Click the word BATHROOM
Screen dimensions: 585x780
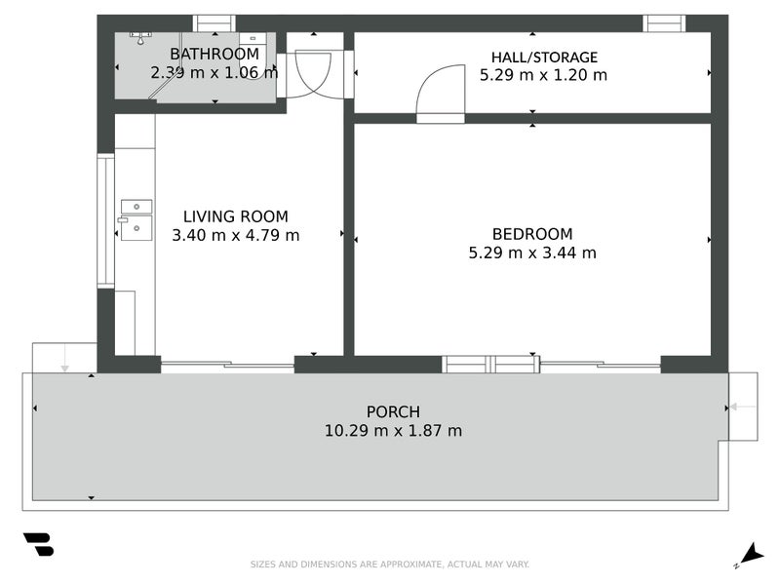click(214, 54)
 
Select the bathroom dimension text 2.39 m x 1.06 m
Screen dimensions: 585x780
click(214, 72)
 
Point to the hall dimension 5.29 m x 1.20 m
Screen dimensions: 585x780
click(543, 74)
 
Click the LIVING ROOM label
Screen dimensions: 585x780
click(236, 216)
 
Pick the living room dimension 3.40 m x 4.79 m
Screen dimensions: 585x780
click(236, 235)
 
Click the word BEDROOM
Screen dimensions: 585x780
click(532, 234)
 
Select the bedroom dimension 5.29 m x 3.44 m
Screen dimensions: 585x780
click(532, 253)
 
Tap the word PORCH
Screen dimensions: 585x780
click(393, 411)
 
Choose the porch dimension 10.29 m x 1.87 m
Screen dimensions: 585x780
click(393, 430)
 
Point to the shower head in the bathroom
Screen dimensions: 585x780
click(142, 38)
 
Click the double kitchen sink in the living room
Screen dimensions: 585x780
click(136, 219)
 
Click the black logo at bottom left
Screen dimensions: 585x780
click(38, 544)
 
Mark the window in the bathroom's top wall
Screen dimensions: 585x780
click(214, 23)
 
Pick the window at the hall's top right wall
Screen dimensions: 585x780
click(664, 23)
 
